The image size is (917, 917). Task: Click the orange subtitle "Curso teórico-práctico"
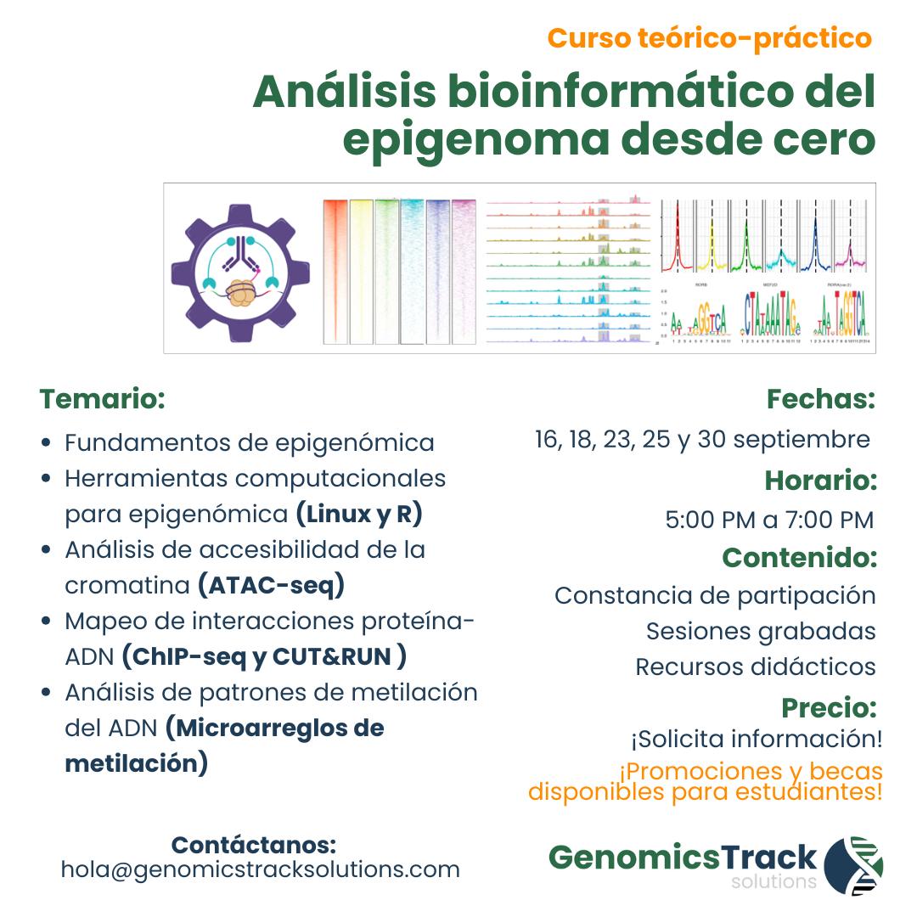coord(709,38)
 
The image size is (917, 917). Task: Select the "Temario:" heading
coord(102,398)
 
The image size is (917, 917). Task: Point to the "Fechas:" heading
coord(820,398)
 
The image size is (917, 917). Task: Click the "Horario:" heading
coord(820,481)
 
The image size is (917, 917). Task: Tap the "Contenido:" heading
coord(799,558)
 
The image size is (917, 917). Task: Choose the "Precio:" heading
coord(829,707)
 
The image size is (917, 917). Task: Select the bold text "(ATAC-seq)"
coord(271,586)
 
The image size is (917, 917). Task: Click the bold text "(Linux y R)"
coord(358,515)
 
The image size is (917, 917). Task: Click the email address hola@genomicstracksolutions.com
coord(260,869)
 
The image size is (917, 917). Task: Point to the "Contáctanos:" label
coord(254,846)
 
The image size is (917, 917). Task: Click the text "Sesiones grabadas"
coord(761,631)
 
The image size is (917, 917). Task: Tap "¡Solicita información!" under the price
coord(756,739)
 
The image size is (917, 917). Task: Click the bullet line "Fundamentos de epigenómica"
coord(249,443)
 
